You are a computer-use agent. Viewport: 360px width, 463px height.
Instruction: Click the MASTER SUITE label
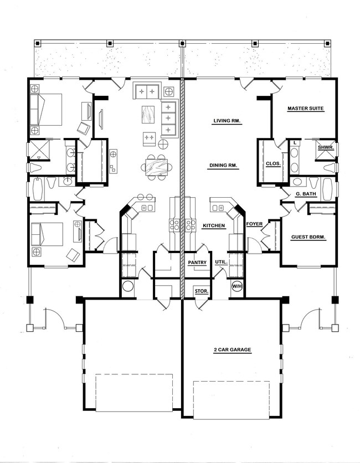tap(306, 109)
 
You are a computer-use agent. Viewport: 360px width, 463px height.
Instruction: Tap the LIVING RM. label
tap(227, 121)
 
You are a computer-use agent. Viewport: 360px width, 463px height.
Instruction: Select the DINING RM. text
tap(223, 166)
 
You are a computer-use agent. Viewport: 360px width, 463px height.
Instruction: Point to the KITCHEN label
tap(214, 225)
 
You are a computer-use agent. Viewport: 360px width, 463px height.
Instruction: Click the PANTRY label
tap(197, 263)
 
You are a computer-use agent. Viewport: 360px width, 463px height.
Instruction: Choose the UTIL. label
tap(221, 262)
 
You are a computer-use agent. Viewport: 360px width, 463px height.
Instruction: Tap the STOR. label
tap(202, 291)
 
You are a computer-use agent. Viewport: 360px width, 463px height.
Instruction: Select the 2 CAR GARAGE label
tap(233, 349)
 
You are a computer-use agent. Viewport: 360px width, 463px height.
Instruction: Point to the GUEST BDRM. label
tap(308, 237)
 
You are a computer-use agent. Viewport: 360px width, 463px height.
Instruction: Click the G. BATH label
tap(306, 194)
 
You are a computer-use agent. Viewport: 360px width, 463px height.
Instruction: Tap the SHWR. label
tap(326, 147)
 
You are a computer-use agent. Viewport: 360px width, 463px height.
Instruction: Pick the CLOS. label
tap(273, 163)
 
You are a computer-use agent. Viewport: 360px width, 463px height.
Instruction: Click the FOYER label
tap(254, 224)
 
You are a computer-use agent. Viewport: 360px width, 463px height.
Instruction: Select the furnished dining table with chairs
tap(157, 167)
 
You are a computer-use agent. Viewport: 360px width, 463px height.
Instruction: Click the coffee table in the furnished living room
tap(148, 114)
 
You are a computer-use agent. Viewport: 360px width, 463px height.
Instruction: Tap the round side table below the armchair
tap(163, 144)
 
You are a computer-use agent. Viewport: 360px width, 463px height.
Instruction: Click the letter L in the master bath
tap(295, 143)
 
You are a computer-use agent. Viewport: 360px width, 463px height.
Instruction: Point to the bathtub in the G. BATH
tap(327, 189)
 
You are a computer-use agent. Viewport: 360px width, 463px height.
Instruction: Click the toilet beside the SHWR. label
tap(330, 168)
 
